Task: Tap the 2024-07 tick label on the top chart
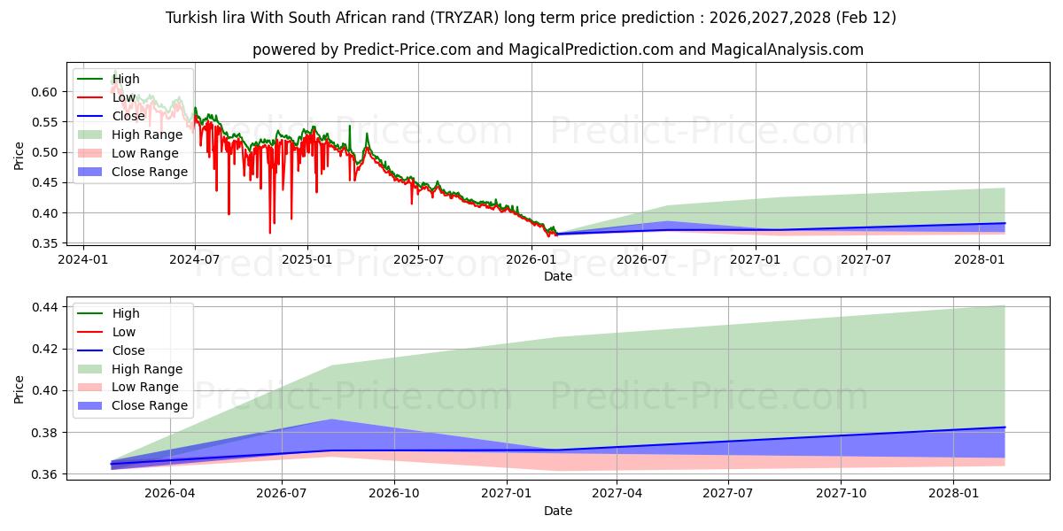pos(194,260)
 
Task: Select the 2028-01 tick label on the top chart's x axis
pos(979,260)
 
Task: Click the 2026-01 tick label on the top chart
pos(531,260)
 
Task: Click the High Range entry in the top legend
pos(147,135)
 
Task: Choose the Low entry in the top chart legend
pos(125,97)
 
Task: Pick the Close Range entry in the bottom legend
pos(150,405)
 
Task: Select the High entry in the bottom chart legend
pos(126,313)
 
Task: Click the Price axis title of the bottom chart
pos(19,389)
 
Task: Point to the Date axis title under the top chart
pos(558,276)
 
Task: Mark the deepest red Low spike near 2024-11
pos(270,233)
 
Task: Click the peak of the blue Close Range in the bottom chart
pos(331,419)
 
